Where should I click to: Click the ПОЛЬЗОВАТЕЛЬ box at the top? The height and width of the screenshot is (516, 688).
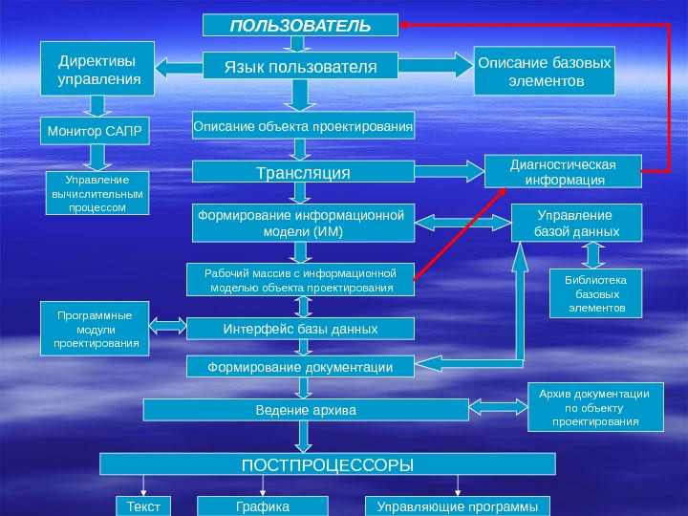(x=300, y=25)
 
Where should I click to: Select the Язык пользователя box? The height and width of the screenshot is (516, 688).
(x=300, y=66)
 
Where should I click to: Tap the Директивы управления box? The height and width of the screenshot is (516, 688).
(x=97, y=68)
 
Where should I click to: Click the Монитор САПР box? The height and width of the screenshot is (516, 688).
(x=96, y=130)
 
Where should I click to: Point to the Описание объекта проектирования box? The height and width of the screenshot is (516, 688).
(x=303, y=125)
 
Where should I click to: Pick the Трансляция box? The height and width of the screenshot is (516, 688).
(x=303, y=172)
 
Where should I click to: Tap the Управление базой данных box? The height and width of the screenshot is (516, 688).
(x=576, y=224)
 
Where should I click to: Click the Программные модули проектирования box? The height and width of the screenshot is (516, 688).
(x=96, y=328)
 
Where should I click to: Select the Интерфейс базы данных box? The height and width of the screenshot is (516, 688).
(x=301, y=329)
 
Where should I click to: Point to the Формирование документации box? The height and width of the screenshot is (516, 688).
(x=301, y=367)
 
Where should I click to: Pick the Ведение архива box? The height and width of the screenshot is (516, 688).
(x=305, y=410)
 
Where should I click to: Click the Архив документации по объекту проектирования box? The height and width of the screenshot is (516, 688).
(x=594, y=407)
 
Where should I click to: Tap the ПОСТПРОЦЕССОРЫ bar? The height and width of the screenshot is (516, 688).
(x=327, y=464)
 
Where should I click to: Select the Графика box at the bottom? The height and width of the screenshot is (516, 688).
(x=262, y=505)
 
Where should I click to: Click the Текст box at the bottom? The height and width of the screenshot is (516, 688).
(x=142, y=505)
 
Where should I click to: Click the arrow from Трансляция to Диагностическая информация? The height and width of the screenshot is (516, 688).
(x=450, y=172)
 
